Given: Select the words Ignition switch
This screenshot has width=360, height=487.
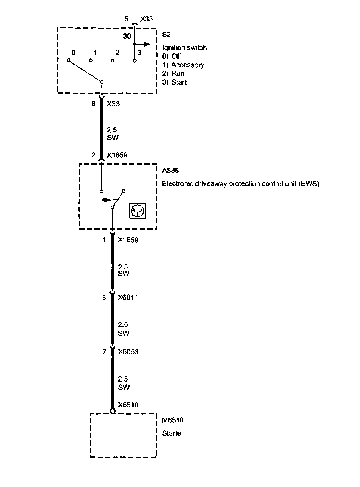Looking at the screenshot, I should coord(184,48).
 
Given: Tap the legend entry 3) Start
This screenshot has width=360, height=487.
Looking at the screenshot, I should coord(175,82).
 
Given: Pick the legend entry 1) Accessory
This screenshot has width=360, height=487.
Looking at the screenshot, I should coord(183,65).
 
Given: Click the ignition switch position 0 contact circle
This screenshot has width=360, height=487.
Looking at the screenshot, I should coord(68,60).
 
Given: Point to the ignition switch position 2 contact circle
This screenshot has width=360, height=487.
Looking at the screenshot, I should coord(112,60).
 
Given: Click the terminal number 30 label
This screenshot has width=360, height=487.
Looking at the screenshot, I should coord(127,36).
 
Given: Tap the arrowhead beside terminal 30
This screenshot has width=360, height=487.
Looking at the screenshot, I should coord(146,44).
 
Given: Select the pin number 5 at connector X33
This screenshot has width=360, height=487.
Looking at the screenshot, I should coord(127,19).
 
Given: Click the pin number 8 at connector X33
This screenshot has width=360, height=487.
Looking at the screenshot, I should coord(94,104).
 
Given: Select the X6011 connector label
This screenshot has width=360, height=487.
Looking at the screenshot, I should coord(128,298).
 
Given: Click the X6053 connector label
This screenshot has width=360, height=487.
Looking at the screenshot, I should coord(128,352).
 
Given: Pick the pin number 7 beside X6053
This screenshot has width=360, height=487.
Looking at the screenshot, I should coord(104,352).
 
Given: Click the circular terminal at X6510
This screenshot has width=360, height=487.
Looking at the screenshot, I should coord(112,411).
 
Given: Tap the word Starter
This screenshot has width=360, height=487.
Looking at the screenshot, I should coord(173,433).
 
